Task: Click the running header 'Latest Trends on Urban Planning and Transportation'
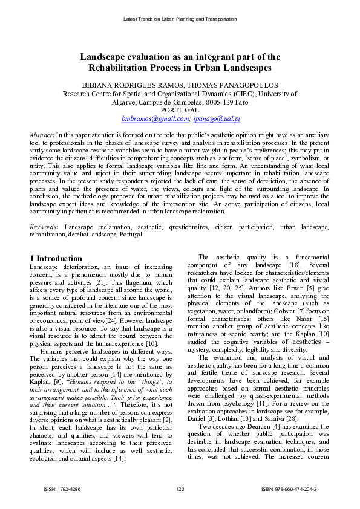pos(180,19)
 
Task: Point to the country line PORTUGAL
pos(180,111)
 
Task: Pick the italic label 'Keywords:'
pos(44,227)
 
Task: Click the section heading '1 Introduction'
pos(56,258)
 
